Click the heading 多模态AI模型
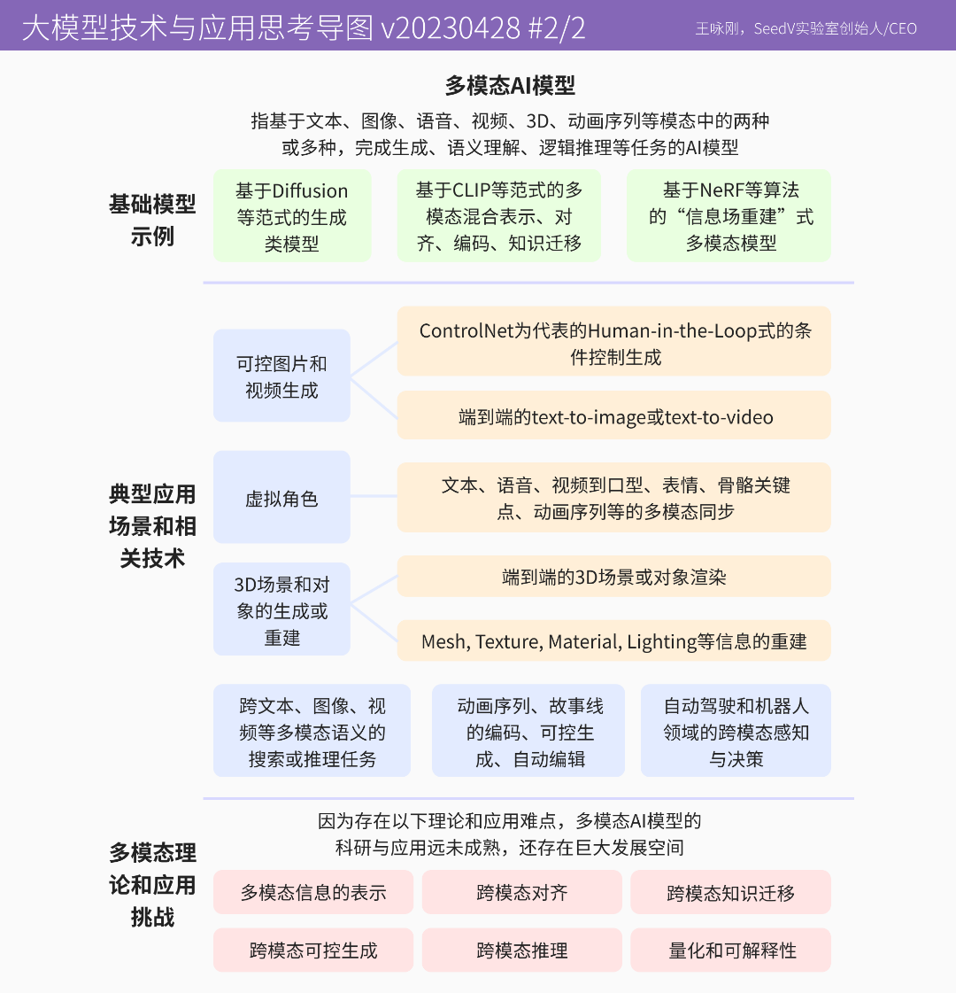[x=510, y=86]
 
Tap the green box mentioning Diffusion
[x=292, y=215]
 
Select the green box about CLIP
[x=498, y=215]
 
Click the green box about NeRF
[x=729, y=215]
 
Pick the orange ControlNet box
[x=613, y=341]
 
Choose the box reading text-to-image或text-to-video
[x=613, y=415]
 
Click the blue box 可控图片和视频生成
[x=281, y=376]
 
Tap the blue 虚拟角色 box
[x=281, y=497]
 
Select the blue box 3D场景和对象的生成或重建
[x=281, y=609]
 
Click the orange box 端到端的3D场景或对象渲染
[x=613, y=577]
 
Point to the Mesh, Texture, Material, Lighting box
[x=613, y=641]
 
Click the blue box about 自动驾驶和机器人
[x=736, y=731]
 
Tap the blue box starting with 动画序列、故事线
[x=528, y=731]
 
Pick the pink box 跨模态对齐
[x=522, y=892]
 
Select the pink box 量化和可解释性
[x=731, y=950]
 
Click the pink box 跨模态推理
[x=522, y=950]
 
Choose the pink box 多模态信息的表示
[x=313, y=892]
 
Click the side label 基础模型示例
[x=152, y=220]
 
